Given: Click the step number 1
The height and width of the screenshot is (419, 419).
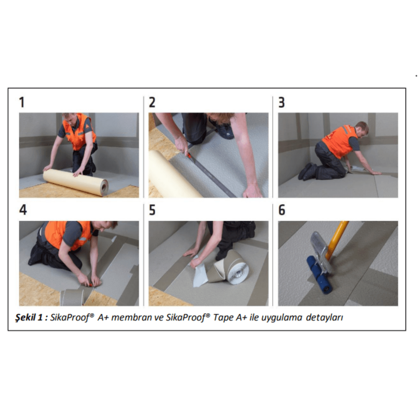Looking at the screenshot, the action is pos(22,102).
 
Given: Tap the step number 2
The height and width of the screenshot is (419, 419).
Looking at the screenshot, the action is pos(152,102).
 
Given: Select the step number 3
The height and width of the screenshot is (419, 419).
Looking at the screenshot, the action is pos(281,102).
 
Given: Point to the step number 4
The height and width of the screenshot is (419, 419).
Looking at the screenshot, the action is pos(23,210).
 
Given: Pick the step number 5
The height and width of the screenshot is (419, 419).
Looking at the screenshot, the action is pos(152,210).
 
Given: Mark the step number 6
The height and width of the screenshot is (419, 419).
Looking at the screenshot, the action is pos(282,210).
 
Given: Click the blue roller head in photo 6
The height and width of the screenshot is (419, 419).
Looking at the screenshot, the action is pos(319,275).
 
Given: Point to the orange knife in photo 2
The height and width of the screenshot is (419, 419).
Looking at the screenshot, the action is pos(189,155).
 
